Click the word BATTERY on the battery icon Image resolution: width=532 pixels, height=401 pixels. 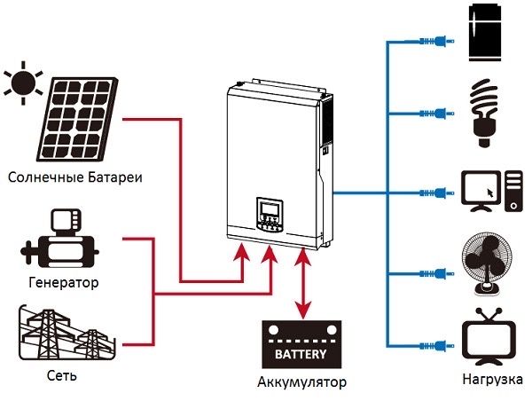(x=301, y=353)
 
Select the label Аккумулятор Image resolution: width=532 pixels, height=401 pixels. (x=301, y=383)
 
